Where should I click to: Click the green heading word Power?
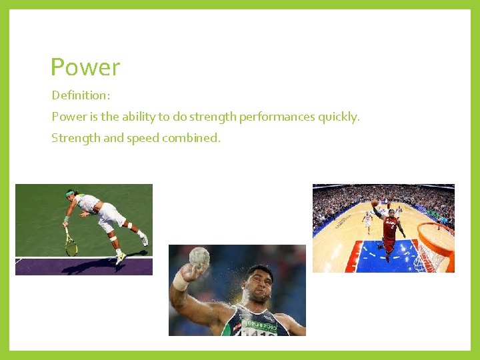[x=85, y=67]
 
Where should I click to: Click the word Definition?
[x=81, y=96]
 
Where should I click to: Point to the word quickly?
[x=339, y=117]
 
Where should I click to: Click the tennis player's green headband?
[x=71, y=194]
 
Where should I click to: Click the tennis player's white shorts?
[x=111, y=215]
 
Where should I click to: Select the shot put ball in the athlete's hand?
[x=199, y=257]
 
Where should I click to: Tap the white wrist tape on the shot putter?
[x=180, y=280]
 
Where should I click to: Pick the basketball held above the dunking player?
[x=375, y=202]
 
